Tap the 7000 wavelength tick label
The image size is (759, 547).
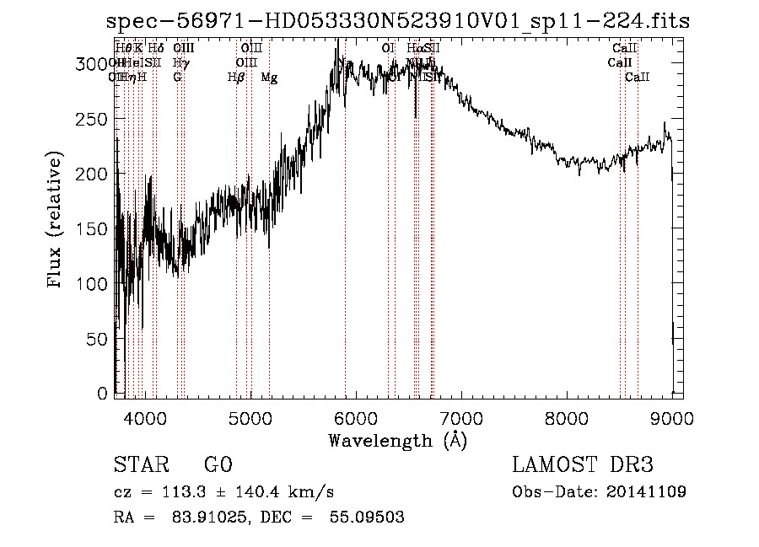pyautogui.click(x=460, y=417)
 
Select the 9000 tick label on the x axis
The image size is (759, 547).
pyautogui.click(x=671, y=417)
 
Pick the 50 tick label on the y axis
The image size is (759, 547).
pyautogui.click(x=100, y=339)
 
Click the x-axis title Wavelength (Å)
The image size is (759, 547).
pyautogui.click(x=397, y=440)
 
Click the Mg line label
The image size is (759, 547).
pyautogui.click(x=269, y=78)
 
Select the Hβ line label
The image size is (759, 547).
pyautogui.click(x=236, y=78)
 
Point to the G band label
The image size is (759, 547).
pyautogui.click(x=177, y=78)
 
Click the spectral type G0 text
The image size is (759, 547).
pyautogui.click(x=218, y=464)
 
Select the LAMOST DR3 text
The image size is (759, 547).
pyautogui.click(x=582, y=464)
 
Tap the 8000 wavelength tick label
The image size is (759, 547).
pyautogui.click(x=566, y=417)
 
